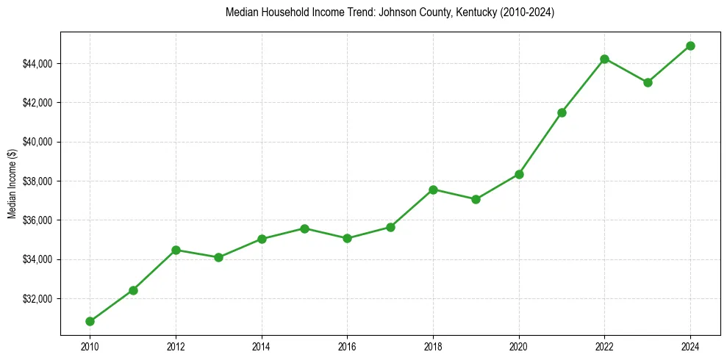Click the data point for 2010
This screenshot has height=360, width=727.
tap(90, 321)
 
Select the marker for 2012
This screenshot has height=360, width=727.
tap(176, 250)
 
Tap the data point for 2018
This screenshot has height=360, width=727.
tap(433, 190)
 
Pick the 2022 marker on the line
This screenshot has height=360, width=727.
tap(604, 59)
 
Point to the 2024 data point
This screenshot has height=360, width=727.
tap(690, 46)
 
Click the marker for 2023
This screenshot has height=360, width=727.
tap(648, 82)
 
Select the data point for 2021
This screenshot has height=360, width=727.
tap(562, 112)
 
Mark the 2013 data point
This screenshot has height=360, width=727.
tap(218, 257)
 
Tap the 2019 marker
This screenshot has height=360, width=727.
tap(476, 199)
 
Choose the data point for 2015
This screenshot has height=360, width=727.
tap(304, 228)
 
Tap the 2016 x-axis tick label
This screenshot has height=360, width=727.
tap(347, 345)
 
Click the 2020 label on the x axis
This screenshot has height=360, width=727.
tap(519, 345)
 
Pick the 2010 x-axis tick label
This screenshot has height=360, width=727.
tap(90, 345)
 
